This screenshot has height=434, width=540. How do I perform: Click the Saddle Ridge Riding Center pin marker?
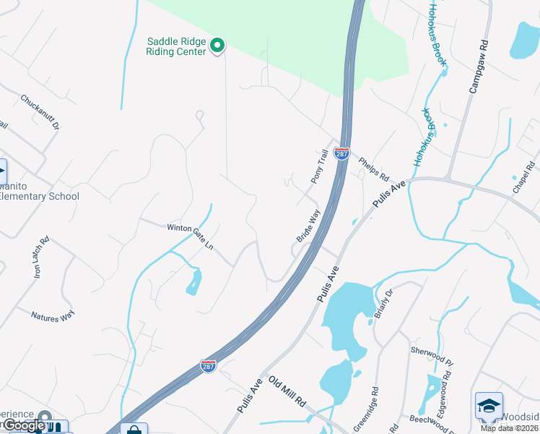click(x=217, y=46)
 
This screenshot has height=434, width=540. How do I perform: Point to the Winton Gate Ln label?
click(x=190, y=237)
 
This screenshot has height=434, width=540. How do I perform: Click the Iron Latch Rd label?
click(x=39, y=258)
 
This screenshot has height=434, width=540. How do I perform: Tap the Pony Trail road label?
click(x=319, y=166)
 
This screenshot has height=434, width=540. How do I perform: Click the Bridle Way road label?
click(x=308, y=226)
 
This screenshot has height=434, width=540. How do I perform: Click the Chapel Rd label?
click(x=522, y=177)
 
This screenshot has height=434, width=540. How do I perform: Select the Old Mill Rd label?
click(x=287, y=391)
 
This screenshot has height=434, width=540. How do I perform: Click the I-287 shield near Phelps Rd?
click(x=341, y=153)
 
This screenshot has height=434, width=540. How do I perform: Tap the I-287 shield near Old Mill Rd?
click(x=208, y=366)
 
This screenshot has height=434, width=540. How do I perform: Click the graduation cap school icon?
click(x=488, y=406)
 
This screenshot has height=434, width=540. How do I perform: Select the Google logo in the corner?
click(x=25, y=426)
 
